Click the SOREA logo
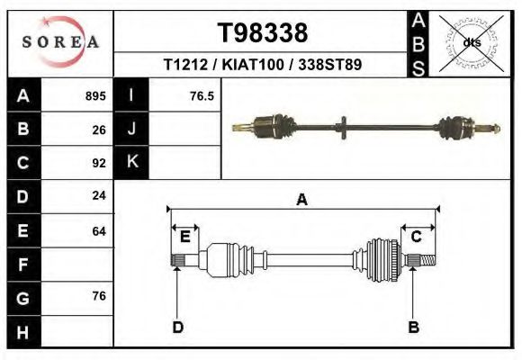point(59,42)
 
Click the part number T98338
point(263,33)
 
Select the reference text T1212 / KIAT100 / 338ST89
point(263,66)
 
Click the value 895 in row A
point(95,95)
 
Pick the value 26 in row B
point(99,129)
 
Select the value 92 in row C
point(99,163)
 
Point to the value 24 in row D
point(99,195)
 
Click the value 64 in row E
point(99,231)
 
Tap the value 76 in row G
point(99,297)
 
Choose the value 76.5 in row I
point(202,95)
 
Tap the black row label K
point(131,163)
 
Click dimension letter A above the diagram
point(301,200)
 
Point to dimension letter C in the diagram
point(417,237)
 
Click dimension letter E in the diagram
point(184,237)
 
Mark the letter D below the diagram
point(177,328)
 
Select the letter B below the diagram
point(413,328)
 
